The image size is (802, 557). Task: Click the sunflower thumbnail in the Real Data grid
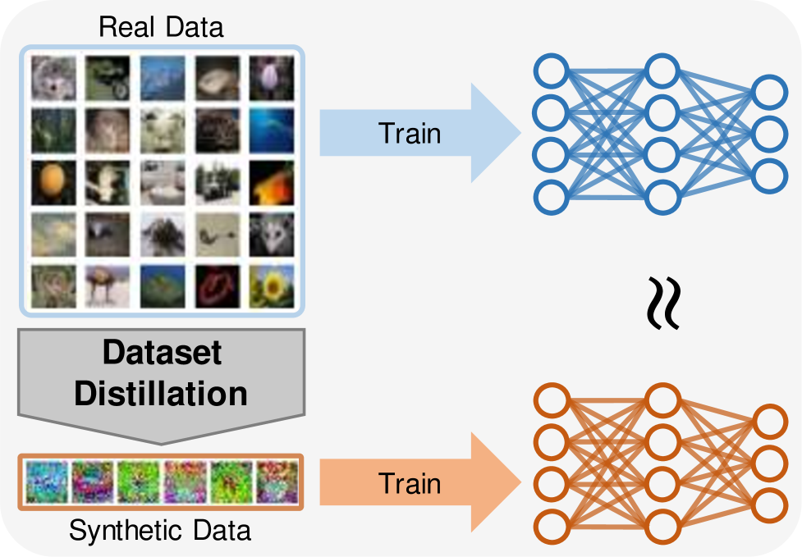pos(272,285)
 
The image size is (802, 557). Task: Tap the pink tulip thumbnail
pos(272,75)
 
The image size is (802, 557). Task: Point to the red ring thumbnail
pos(218,285)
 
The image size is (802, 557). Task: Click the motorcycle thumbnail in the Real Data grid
pos(108,75)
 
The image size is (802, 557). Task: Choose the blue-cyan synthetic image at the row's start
pos(44,482)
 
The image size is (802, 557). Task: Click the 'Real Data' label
pos(161,26)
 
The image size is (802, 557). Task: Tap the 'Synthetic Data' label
pos(160,531)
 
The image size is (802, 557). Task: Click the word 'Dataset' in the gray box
pos(161,354)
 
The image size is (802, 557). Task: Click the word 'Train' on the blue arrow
pos(410,133)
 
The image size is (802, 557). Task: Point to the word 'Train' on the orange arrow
pos(410,483)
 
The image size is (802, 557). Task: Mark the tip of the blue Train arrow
pos(520,133)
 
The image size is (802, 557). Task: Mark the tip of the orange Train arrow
pos(520,483)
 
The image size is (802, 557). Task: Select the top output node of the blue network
pos(770,91)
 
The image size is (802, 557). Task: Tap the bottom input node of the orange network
pos(551,525)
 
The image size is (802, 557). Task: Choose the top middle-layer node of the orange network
pos(662,401)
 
